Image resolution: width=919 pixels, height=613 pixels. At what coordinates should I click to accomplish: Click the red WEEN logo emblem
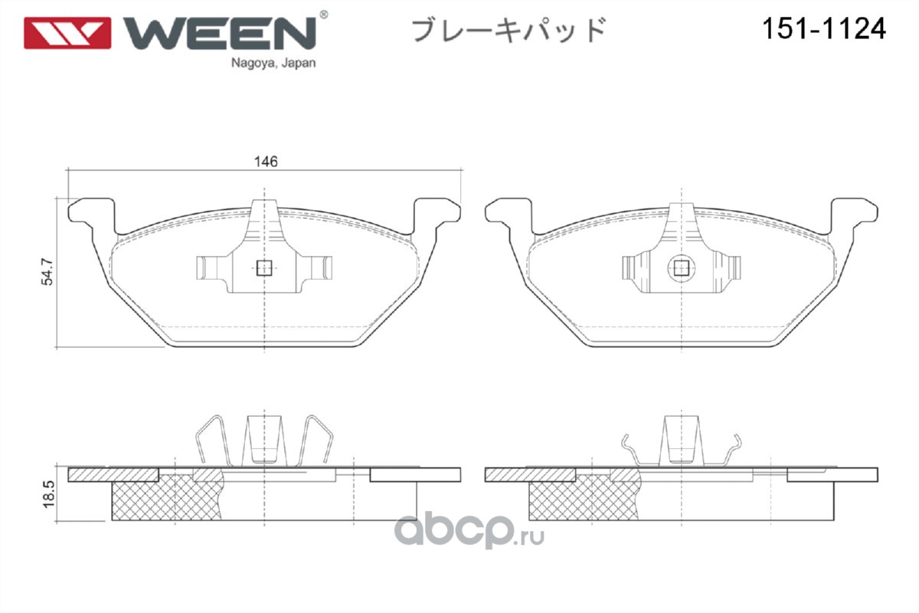point(67,33)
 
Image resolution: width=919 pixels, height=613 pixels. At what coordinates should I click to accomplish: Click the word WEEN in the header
point(220,33)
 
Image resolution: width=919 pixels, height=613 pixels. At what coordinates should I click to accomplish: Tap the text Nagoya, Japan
point(273,64)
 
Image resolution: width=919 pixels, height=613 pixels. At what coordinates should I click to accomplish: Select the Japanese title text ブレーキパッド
point(509,30)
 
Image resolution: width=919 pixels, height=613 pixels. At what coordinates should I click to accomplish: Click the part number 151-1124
point(824,29)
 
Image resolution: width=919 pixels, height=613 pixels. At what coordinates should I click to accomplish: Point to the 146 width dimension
point(266,162)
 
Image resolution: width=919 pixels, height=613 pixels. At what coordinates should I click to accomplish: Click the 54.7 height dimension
point(47,271)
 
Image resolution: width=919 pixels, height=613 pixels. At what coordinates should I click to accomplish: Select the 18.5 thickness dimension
point(48,494)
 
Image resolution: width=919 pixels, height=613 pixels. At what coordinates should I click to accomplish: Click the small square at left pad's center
point(264,268)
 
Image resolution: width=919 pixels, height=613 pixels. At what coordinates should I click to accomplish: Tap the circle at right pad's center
point(682,268)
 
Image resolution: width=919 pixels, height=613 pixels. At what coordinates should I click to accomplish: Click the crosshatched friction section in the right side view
point(584,497)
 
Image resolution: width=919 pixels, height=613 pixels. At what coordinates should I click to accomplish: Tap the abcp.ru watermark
point(469,530)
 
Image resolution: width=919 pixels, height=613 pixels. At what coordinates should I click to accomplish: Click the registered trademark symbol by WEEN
point(323,15)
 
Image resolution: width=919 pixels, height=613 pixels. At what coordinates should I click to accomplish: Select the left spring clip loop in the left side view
point(212,441)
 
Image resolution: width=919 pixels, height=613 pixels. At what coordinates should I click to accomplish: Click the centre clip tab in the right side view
point(682,440)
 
